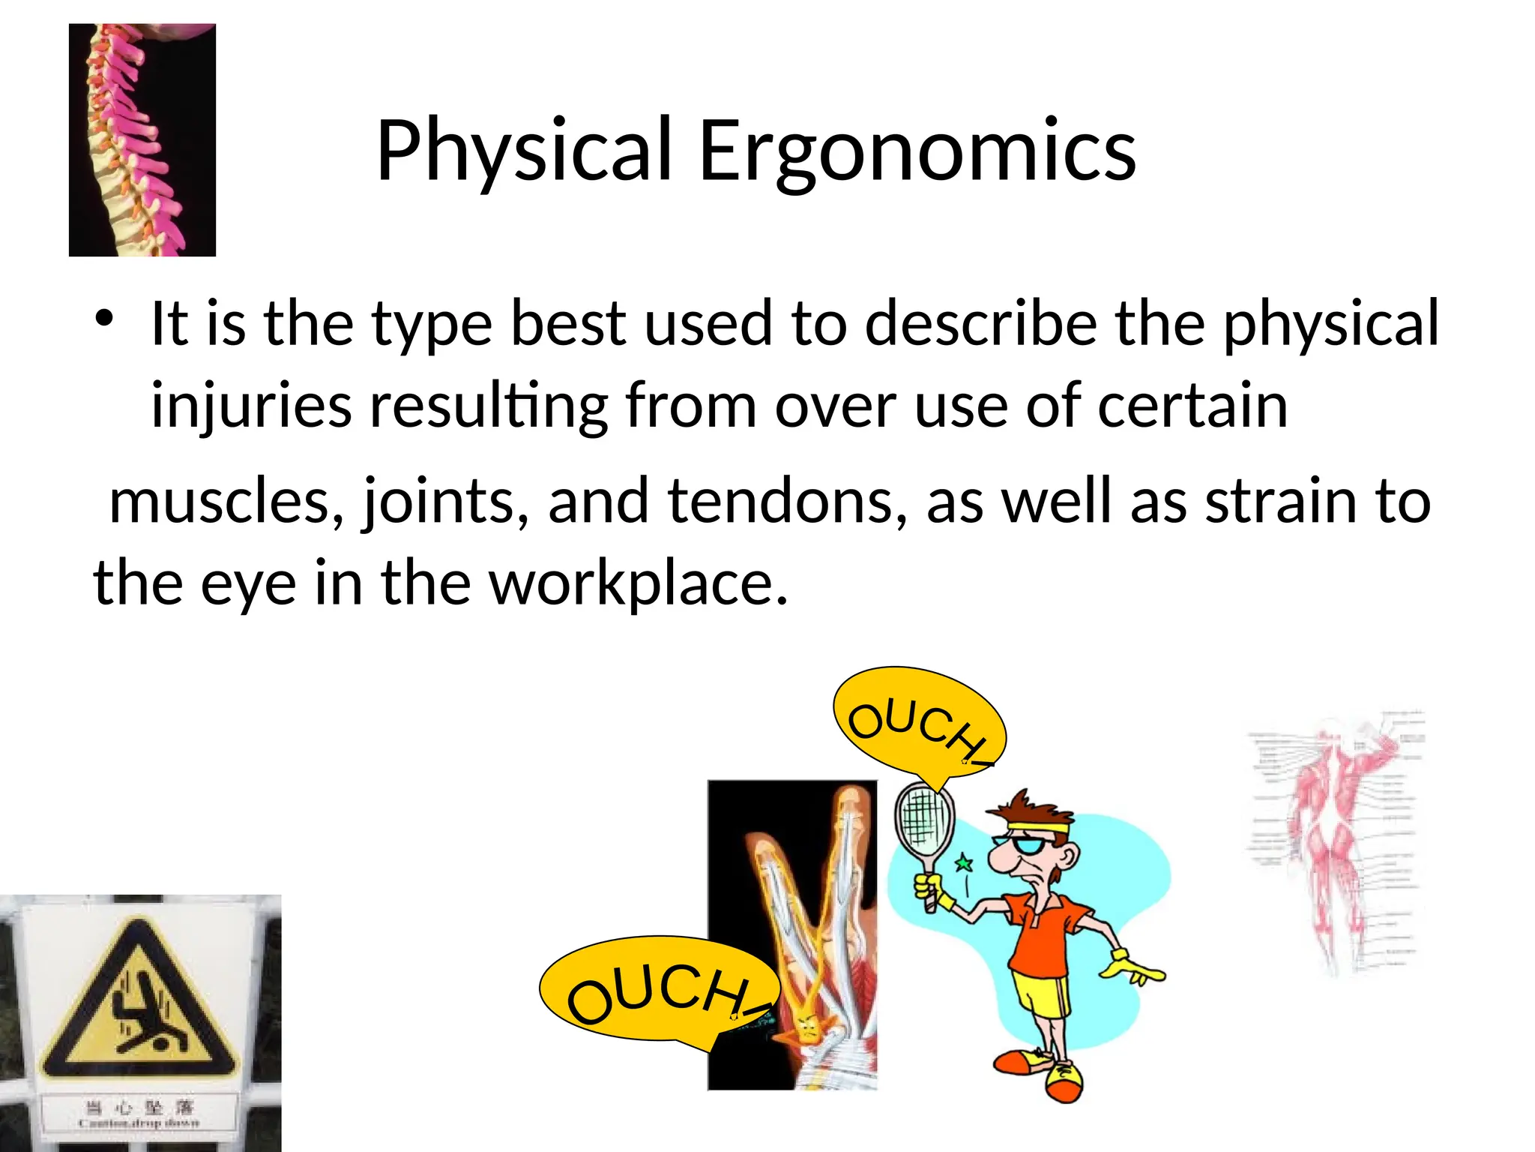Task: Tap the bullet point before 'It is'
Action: coord(104,319)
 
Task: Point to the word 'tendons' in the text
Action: coord(787,501)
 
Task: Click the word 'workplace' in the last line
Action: coord(638,583)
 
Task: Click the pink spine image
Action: coord(142,140)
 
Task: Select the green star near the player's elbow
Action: coord(964,864)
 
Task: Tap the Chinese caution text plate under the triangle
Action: coord(139,1113)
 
